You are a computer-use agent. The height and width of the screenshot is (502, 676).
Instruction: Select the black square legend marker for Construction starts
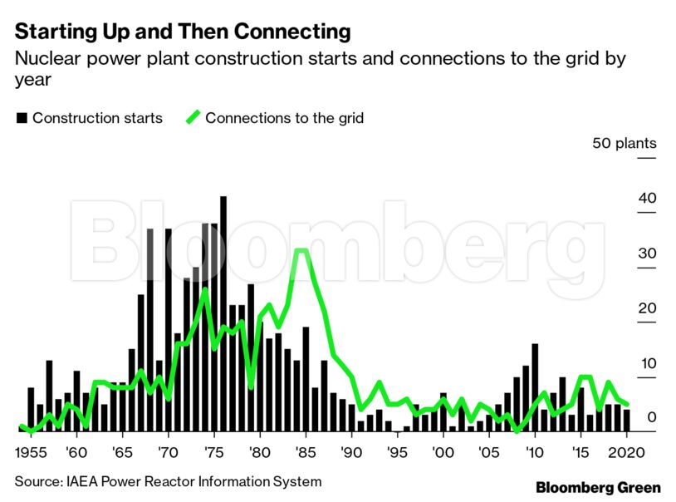coord(22,118)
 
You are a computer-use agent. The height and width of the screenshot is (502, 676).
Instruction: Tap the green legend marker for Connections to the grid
coord(193,118)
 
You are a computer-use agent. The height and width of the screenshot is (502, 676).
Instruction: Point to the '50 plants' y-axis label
coord(624,144)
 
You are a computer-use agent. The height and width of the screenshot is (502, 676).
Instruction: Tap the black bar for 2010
coord(535,387)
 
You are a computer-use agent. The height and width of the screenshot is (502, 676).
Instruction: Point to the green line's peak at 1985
coord(302,250)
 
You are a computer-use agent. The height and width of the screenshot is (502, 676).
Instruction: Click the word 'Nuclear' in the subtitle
coord(44,59)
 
